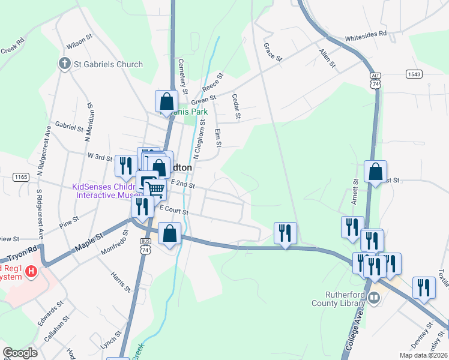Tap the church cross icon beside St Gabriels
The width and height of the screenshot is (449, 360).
point(64,64)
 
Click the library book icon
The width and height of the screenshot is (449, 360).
point(374,297)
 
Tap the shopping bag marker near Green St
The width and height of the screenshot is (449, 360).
point(166,101)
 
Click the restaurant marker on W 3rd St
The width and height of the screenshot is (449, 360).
point(125,166)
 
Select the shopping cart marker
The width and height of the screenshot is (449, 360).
point(155,190)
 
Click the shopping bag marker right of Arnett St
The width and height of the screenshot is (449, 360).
point(375,172)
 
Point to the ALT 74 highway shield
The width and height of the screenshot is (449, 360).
point(376,82)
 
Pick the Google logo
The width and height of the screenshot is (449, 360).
point(20,353)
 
